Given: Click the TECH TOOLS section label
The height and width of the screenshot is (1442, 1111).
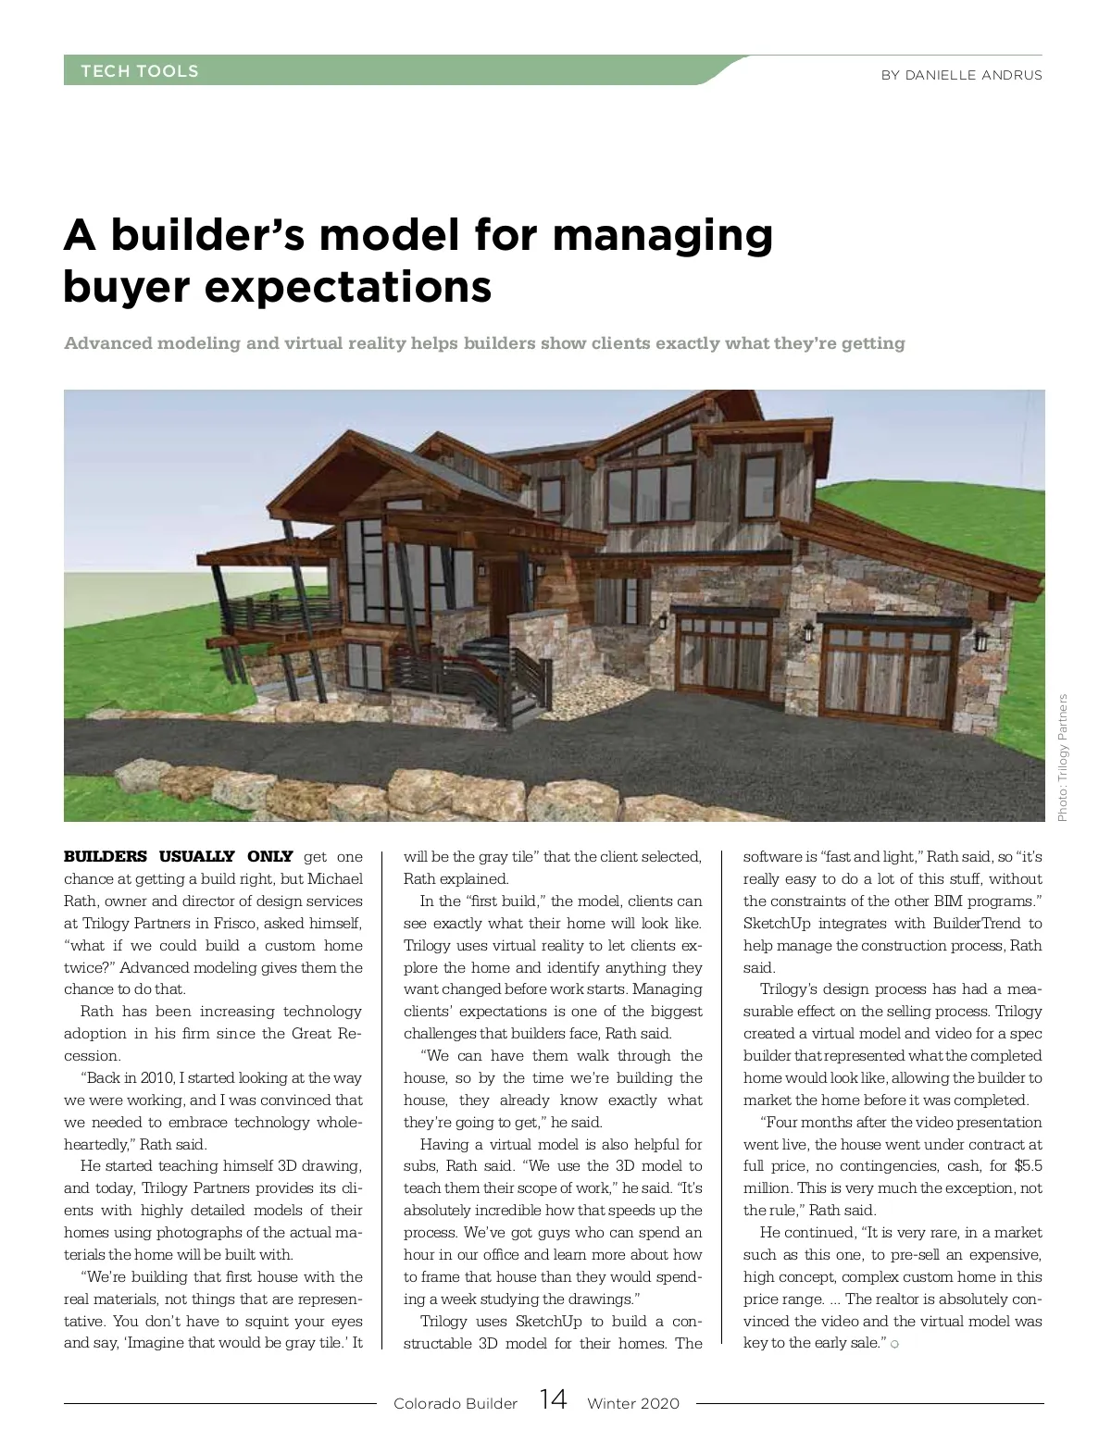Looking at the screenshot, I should [140, 71].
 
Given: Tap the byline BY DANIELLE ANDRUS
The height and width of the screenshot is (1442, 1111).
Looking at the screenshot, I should [961, 75].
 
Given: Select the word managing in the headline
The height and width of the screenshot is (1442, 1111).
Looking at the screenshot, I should [662, 234].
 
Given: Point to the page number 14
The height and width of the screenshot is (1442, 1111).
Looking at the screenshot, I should [553, 1399].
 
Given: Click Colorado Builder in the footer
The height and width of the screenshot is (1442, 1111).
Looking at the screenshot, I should [456, 1403].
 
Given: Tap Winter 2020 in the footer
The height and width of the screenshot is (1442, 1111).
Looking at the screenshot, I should [633, 1403].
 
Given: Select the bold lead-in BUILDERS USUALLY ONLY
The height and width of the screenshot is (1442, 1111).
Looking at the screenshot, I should [178, 856].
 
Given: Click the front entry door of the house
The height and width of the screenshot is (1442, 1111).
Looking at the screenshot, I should [505, 593].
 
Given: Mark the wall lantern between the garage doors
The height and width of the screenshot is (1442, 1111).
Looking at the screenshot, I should [809, 633].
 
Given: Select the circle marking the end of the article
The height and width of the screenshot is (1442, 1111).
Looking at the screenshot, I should [894, 1344].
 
